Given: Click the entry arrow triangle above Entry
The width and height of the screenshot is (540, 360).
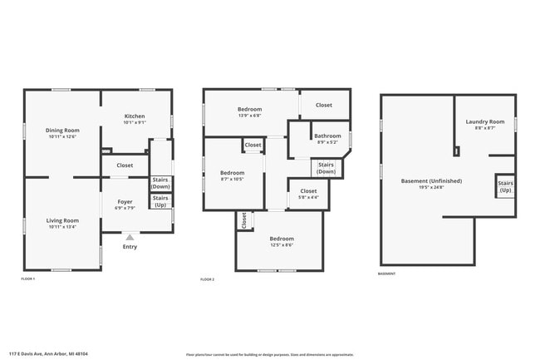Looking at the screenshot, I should coord(130,237).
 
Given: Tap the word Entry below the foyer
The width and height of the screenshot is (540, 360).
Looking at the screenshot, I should coord(130,247).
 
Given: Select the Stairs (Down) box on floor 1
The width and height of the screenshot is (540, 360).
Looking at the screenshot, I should coord(160,184).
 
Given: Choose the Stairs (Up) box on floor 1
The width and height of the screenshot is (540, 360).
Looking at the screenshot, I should coord(160,200).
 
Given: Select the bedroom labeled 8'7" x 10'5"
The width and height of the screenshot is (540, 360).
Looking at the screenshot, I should coord(232,175).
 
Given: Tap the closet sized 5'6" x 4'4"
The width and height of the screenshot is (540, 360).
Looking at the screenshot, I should coord(307,193).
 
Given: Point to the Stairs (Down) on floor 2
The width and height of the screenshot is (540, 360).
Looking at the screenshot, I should coord(326,168).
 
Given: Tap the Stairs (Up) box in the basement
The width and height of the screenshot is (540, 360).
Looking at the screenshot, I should coord(505,187).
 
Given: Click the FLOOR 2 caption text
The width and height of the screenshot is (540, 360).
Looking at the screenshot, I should coord(208,280).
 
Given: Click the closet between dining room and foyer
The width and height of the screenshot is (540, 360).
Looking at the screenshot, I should coord(125,165).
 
